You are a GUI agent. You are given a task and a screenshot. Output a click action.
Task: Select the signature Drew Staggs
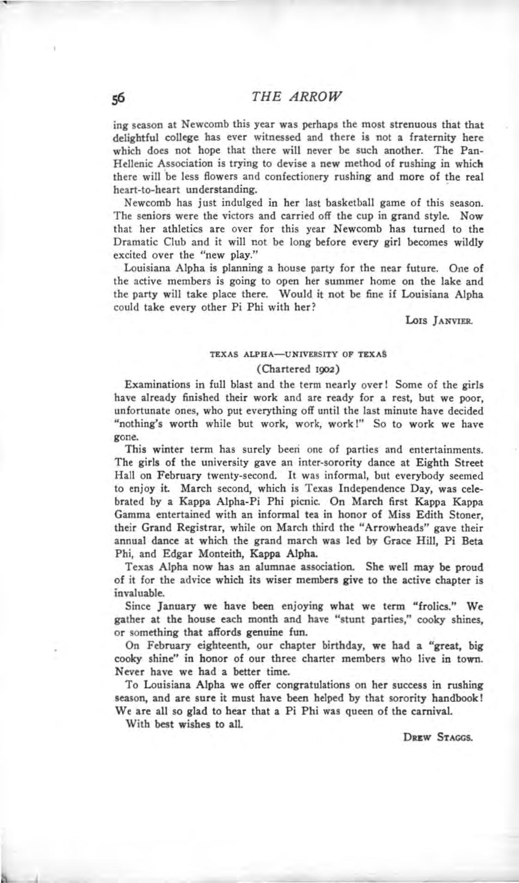tap(438, 738)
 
